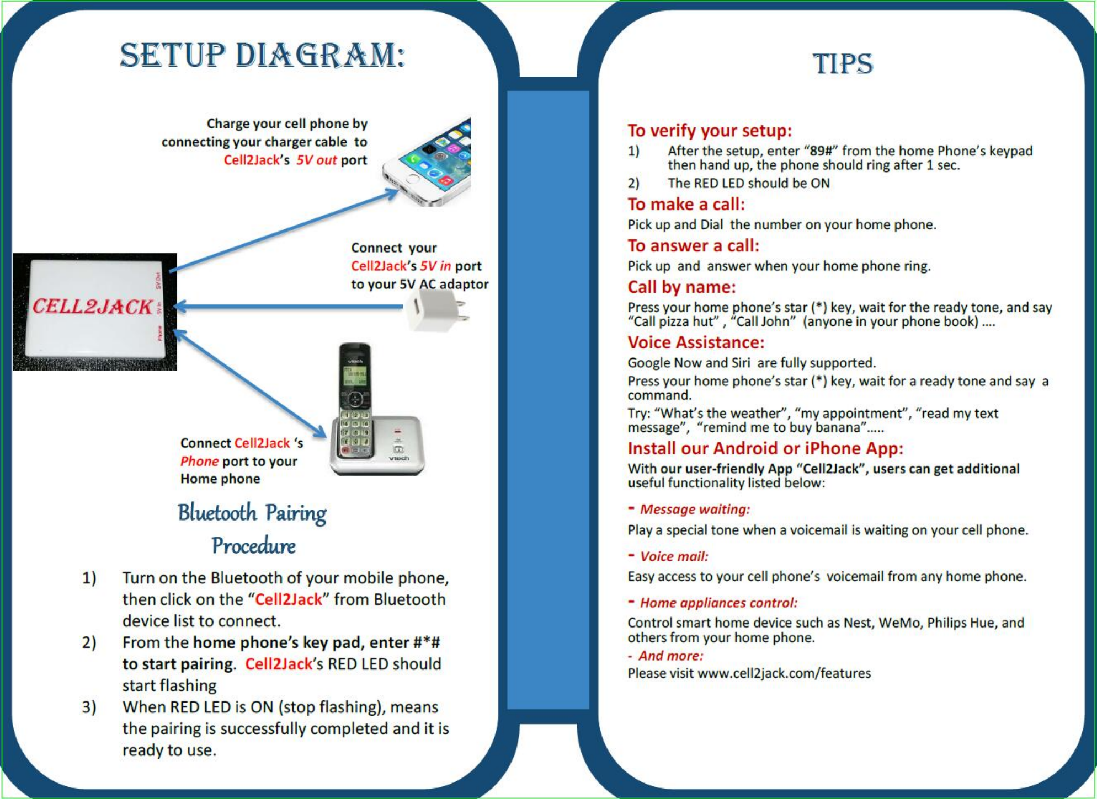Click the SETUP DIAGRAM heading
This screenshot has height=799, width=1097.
click(263, 56)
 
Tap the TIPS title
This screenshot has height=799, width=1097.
click(843, 64)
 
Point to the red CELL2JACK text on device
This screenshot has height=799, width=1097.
click(93, 307)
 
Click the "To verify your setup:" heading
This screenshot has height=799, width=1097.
click(709, 131)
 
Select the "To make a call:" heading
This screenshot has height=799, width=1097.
click(686, 205)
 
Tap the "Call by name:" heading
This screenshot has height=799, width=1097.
click(681, 287)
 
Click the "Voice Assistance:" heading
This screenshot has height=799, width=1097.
click(696, 343)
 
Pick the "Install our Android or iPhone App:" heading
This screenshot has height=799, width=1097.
click(765, 448)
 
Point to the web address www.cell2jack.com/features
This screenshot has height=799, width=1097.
click(784, 673)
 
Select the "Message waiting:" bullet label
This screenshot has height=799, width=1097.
click(695, 510)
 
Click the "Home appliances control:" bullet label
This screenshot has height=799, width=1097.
click(718, 603)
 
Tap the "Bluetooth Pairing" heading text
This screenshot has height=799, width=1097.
click(252, 513)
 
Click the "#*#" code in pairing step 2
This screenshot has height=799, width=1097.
click(427, 643)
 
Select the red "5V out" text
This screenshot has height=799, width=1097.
click(316, 160)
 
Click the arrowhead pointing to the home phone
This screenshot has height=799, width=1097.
click(320, 432)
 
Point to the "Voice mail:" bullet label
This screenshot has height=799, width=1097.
click(674, 556)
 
